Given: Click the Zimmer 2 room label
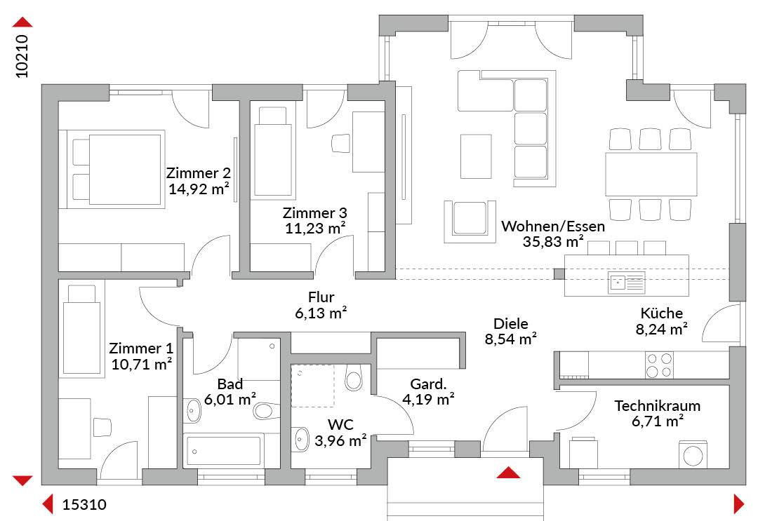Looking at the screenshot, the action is (x=198, y=173).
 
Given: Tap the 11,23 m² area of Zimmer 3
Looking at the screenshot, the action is (x=314, y=228).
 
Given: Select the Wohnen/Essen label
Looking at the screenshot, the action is (x=553, y=226).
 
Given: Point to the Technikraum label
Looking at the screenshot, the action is (x=657, y=405).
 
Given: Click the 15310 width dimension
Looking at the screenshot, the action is (x=84, y=505).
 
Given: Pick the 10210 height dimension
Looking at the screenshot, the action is (x=22, y=56).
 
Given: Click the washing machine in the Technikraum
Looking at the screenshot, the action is (x=693, y=454).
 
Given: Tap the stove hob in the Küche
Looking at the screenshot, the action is (x=659, y=365).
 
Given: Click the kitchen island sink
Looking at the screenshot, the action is (x=626, y=283).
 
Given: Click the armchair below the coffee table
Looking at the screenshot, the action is (x=470, y=222).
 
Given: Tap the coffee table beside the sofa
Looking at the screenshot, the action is (x=476, y=156).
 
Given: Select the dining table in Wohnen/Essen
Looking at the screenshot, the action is (x=651, y=175).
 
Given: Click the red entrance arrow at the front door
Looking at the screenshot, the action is (x=508, y=473).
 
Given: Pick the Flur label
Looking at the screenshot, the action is (x=321, y=297).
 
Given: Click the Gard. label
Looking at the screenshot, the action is (x=428, y=384).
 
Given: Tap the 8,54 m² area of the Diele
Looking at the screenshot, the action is (x=510, y=339).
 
